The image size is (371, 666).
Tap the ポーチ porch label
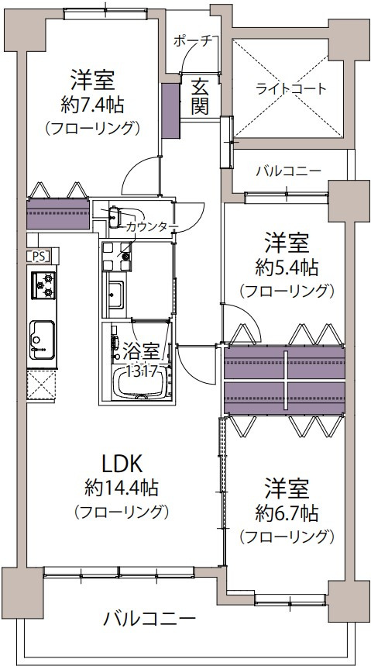[x=192, y=41]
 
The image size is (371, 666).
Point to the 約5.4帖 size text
[x=286, y=267]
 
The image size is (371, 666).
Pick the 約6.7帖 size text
[x=286, y=512]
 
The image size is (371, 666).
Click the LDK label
[x=121, y=464]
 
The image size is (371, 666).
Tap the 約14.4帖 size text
[x=122, y=488]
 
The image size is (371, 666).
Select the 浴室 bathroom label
[x=137, y=350]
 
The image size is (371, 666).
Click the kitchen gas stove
[x=43, y=285]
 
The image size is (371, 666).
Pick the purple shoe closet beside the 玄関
[x=170, y=101]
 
